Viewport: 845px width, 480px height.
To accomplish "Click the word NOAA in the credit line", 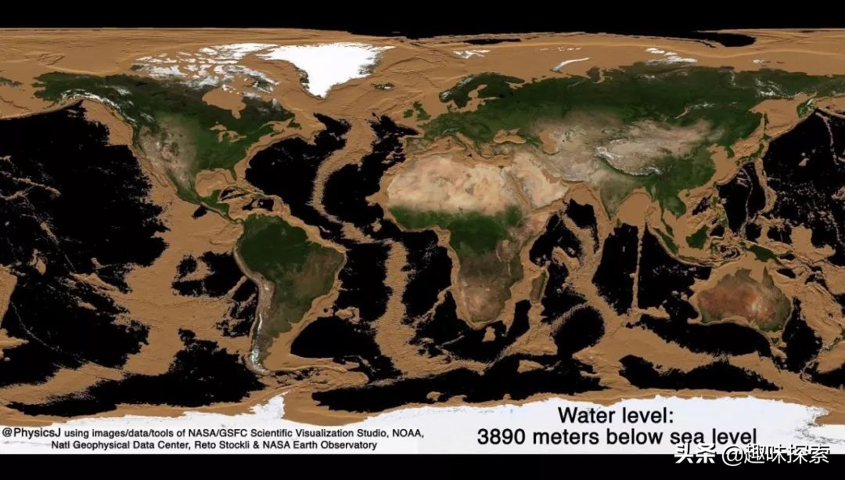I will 405,433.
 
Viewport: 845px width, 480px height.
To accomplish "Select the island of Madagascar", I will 538,286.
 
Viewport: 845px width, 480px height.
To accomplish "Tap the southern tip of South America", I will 258,363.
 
